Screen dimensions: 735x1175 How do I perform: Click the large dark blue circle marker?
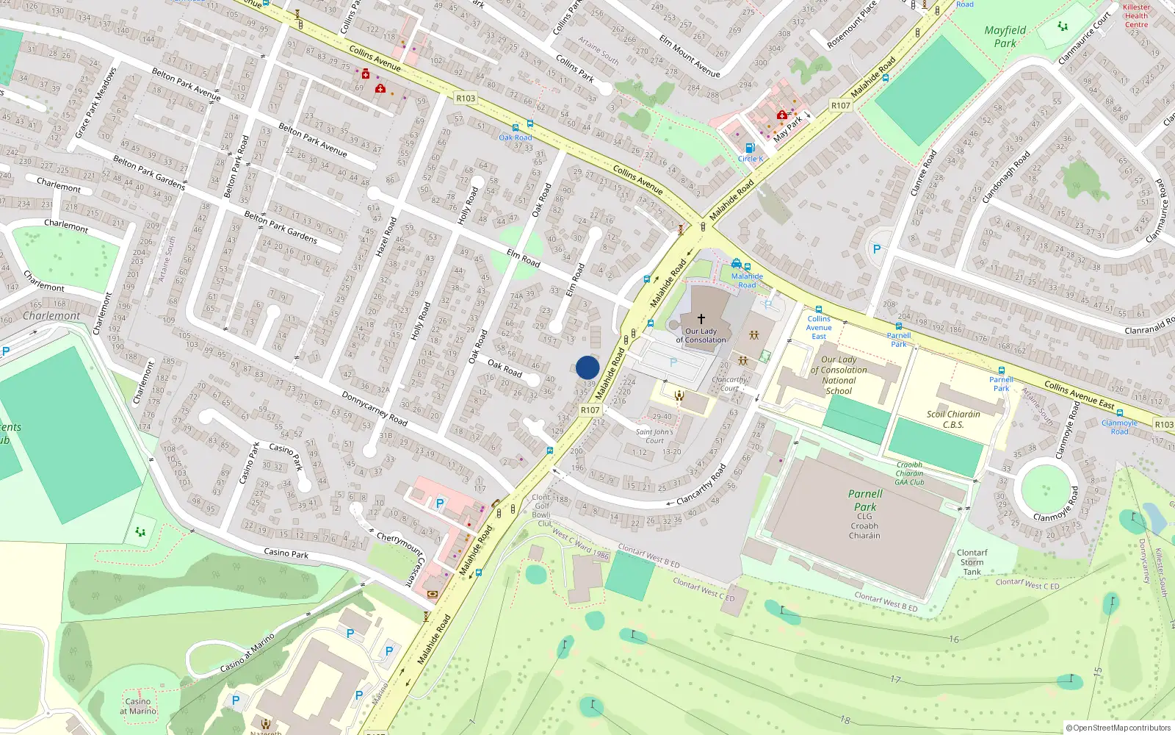point(587,367)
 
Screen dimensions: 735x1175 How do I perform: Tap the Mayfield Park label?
point(1005,37)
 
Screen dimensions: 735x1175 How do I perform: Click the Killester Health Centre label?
point(1136,16)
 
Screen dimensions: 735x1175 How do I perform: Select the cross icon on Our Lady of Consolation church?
point(701,319)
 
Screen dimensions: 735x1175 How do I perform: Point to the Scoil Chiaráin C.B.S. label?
point(953,419)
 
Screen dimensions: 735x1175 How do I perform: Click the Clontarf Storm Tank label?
point(972,562)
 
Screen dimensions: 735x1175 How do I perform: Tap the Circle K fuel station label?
point(751,159)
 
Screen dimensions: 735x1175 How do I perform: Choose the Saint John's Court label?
point(654,437)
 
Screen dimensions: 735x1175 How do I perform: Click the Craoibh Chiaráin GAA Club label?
point(909,473)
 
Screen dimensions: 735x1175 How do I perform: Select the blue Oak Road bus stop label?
point(516,137)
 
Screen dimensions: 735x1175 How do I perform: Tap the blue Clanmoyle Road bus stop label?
point(1119,427)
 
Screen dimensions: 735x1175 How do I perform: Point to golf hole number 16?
point(954,639)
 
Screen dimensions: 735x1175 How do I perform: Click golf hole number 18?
point(845,720)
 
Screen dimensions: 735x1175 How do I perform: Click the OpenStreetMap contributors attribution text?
point(1118,728)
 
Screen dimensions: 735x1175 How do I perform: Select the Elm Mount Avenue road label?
point(690,56)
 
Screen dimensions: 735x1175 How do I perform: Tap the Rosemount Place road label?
point(852,25)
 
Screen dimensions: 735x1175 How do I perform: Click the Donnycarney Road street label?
point(375,408)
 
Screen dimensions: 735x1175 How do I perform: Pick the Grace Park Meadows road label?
point(96,103)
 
